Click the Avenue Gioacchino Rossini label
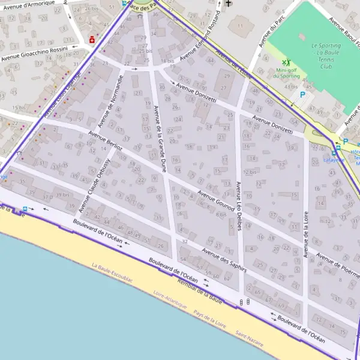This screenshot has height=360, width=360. point(34,54)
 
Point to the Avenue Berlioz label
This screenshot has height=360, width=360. point(106,142)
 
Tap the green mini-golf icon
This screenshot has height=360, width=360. point(286,62)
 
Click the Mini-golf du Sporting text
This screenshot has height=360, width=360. point(286,73)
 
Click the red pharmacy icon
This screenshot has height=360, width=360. point(92,40)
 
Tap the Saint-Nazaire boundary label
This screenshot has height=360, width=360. point(249,338)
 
